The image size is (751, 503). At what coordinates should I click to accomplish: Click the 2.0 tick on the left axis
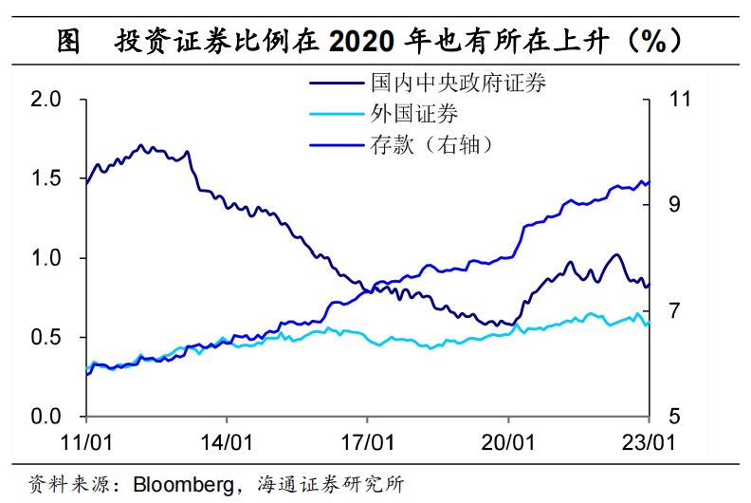46,100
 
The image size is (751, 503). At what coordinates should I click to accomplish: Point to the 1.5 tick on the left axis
46,179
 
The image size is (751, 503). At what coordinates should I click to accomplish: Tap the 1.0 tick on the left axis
46,258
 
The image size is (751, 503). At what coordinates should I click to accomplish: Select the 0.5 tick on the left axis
46,338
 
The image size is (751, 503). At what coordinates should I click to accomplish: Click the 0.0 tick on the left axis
46,417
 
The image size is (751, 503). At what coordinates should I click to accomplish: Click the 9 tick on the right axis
675,205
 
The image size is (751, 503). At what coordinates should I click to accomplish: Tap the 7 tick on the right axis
675,311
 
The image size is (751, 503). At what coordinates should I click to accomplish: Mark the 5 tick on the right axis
675,417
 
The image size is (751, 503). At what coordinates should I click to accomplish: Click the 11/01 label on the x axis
87,441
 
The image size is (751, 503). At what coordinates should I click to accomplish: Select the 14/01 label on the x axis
228,441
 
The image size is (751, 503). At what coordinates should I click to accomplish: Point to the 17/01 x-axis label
368,441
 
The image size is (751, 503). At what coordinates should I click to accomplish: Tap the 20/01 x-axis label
509,441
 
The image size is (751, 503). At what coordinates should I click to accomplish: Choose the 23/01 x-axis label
649,441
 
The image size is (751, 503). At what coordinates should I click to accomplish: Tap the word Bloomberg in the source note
181,484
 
